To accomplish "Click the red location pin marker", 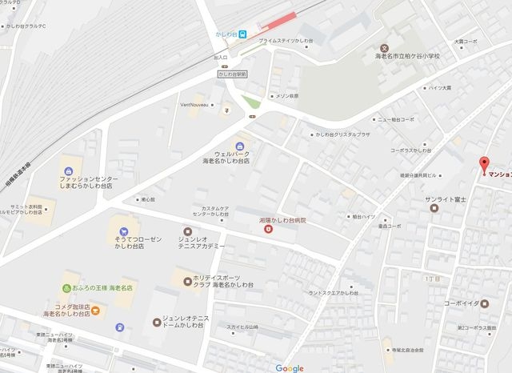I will click(483, 166).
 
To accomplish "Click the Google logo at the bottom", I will click(289, 367).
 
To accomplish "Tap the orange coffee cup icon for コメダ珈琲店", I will click(95, 310).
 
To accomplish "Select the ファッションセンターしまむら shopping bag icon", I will click(70, 170).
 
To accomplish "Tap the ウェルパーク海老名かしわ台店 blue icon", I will click(238, 145).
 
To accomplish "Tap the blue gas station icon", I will click(119, 327).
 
